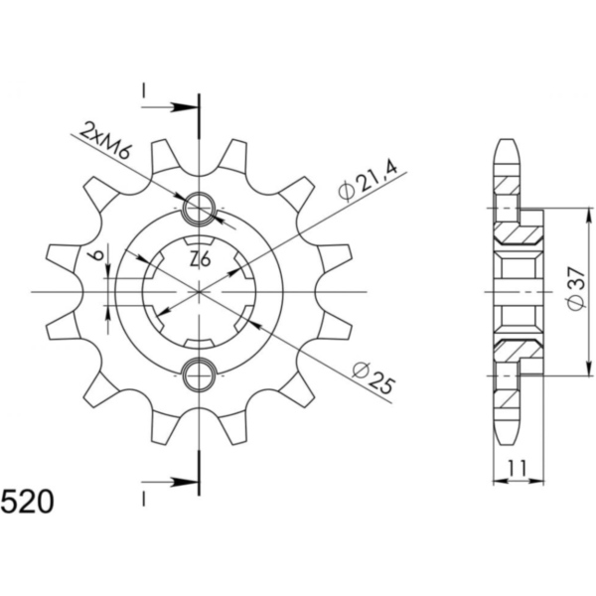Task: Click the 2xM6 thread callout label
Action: pyautogui.click(x=105, y=141)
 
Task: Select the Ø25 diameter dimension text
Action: pyautogui.click(x=372, y=377)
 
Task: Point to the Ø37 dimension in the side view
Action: pyautogui.click(x=576, y=288)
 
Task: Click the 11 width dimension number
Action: pyautogui.click(x=517, y=468)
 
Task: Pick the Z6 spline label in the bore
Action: pyautogui.click(x=200, y=260)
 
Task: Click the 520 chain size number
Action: pyautogui.click(x=27, y=502)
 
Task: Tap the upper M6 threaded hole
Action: pyautogui.click(x=199, y=209)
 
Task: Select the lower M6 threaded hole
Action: pyautogui.click(x=199, y=375)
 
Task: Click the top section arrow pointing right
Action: pyautogui.click(x=170, y=107)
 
